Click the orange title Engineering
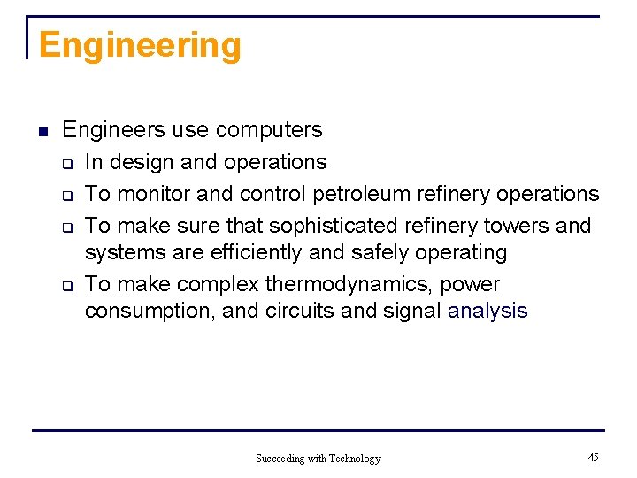pos(140,46)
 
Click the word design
pos(144,163)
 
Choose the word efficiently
pos(257,253)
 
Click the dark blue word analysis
pos(487,312)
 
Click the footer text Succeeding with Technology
pos(318,459)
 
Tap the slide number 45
pos(593,458)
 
